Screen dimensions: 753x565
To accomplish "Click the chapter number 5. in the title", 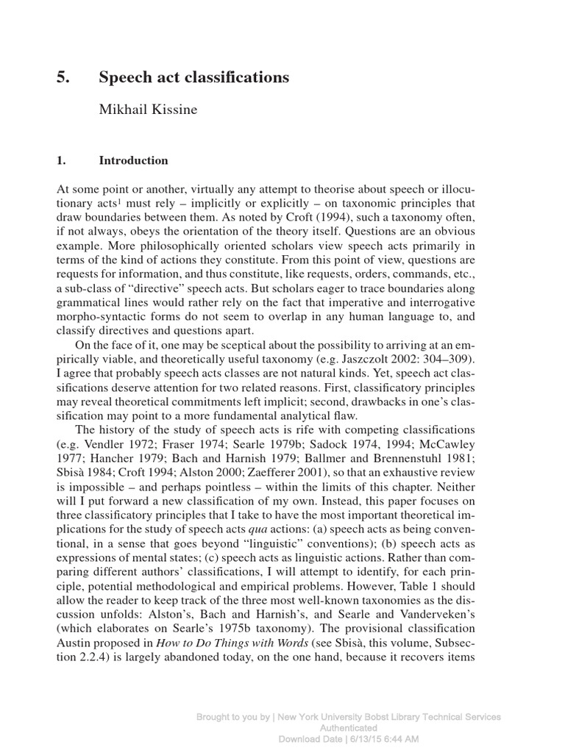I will coord(62,77).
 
